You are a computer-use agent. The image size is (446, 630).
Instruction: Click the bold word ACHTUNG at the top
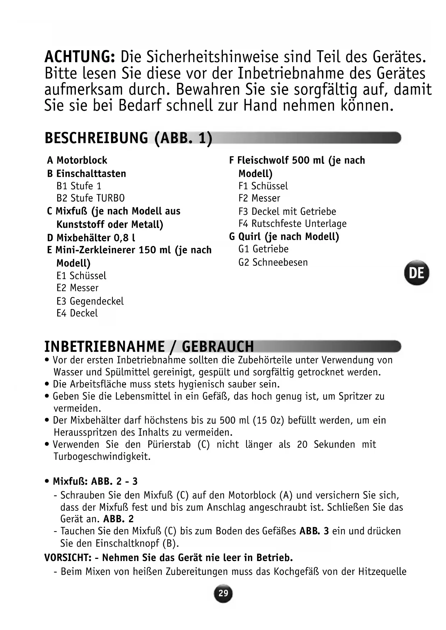[x=79, y=57]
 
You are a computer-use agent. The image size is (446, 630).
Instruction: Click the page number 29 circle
[x=223, y=593]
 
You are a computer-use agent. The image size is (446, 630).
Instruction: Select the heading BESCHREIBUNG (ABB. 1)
[x=128, y=138]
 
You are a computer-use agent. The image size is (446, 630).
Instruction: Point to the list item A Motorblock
[x=77, y=160]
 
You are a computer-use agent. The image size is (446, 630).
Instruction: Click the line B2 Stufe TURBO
[x=91, y=198]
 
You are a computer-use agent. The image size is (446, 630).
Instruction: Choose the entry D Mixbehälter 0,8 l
[x=91, y=238]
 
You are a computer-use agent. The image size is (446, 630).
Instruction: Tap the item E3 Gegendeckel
[x=90, y=301]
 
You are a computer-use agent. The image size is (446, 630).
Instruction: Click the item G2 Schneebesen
[x=273, y=262]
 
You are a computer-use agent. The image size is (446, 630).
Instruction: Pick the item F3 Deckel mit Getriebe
[x=287, y=211]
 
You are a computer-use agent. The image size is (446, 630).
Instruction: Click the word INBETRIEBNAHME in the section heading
[x=105, y=347]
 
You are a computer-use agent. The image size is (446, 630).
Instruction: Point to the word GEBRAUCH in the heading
[x=218, y=347]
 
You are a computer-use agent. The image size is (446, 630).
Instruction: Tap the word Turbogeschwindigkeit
[x=102, y=457]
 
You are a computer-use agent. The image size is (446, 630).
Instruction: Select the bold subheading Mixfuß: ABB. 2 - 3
[x=95, y=481]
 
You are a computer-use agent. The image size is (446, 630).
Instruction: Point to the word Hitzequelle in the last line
[x=382, y=571]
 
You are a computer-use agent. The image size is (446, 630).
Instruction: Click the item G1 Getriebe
[x=263, y=249]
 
